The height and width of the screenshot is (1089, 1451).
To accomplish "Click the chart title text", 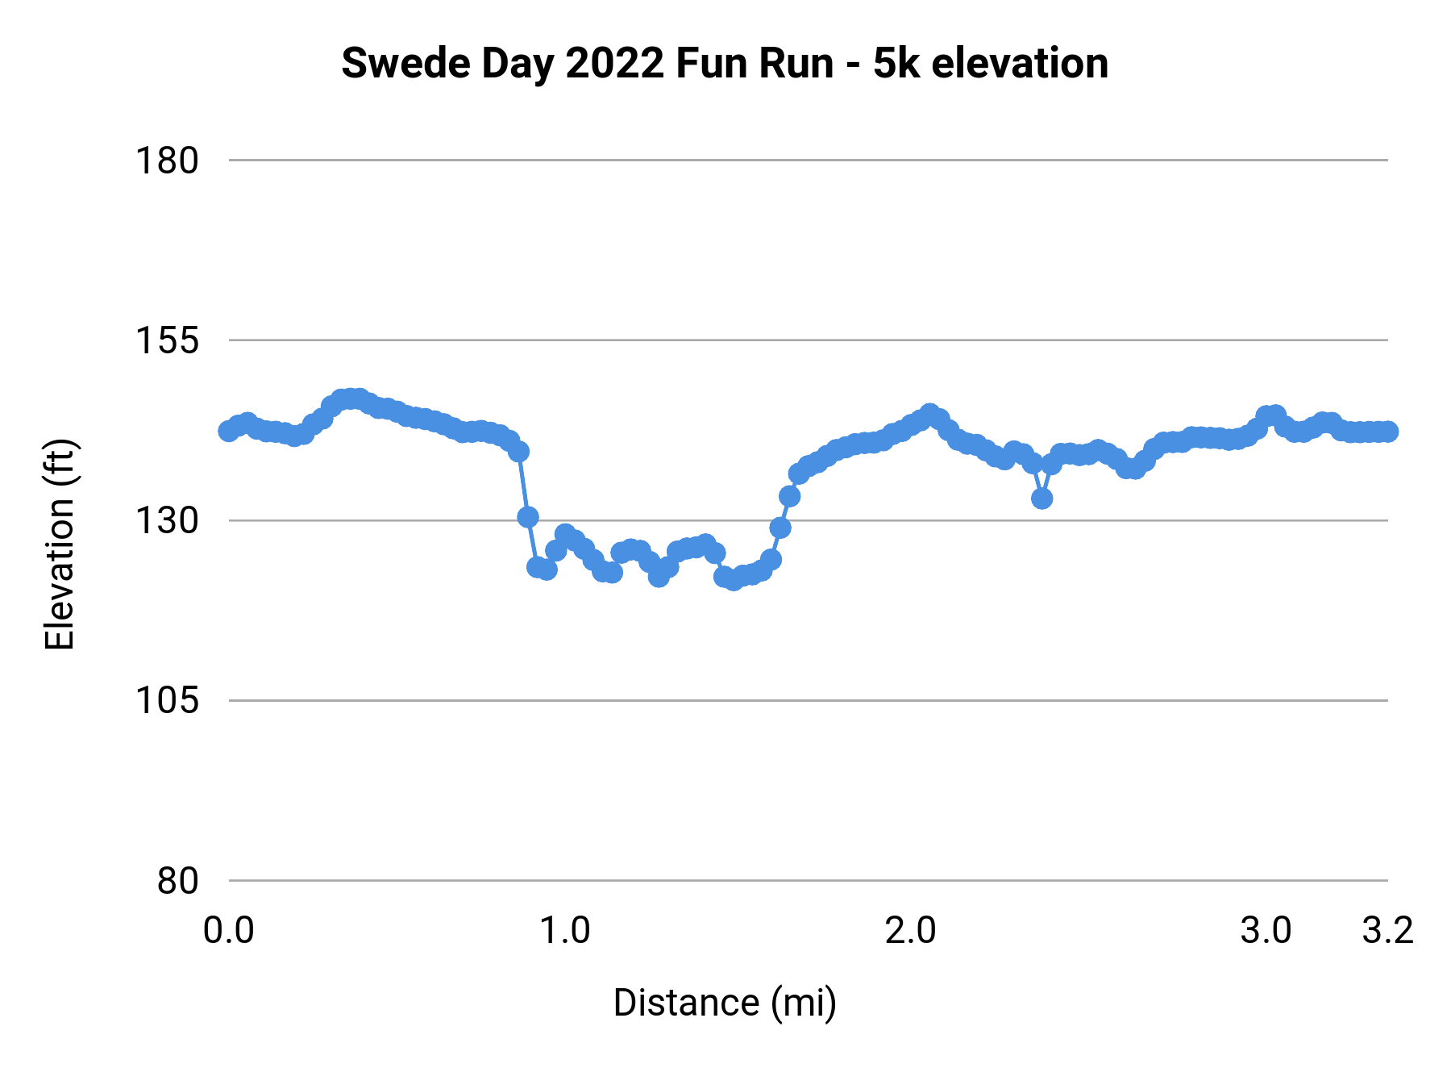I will pyautogui.click(x=724, y=63).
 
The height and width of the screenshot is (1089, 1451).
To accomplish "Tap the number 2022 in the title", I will pyautogui.click(x=614, y=63).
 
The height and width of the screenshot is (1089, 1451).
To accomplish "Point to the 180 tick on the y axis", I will pyautogui.click(x=166, y=161).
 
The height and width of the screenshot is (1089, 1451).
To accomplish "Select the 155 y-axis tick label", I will pyautogui.click(x=166, y=340).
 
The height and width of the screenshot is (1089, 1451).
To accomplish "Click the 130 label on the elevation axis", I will pyautogui.click(x=166, y=520).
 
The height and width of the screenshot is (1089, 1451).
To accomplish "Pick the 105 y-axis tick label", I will pyautogui.click(x=166, y=700).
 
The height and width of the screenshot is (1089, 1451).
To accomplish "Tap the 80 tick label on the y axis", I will pyautogui.click(x=177, y=880).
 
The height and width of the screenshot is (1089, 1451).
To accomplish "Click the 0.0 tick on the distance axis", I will pyautogui.click(x=229, y=931).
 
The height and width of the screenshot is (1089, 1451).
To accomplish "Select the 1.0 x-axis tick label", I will pyautogui.click(x=564, y=931).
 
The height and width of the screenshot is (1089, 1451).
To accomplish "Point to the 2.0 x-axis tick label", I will pyautogui.click(x=911, y=931).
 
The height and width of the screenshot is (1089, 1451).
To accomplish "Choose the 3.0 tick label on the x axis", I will pyautogui.click(x=1266, y=931).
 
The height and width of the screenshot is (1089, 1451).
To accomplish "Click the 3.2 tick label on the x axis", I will pyautogui.click(x=1388, y=931).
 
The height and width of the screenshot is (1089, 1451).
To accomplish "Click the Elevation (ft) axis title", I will pyautogui.click(x=60, y=544).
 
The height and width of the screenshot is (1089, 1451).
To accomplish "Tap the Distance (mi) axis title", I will pyautogui.click(x=724, y=1003).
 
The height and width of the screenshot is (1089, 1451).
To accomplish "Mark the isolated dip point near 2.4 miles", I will pyautogui.click(x=1041, y=499).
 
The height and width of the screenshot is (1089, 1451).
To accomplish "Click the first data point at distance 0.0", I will pyautogui.click(x=229, y=431).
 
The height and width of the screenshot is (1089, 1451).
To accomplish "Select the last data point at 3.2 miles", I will pyautogui.click(x=1388, y=432).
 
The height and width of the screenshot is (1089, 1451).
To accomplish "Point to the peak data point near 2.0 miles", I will pyautogui.click(x=929, y=414).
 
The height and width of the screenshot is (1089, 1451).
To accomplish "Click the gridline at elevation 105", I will pyautogui.click(x=806, y=700).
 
